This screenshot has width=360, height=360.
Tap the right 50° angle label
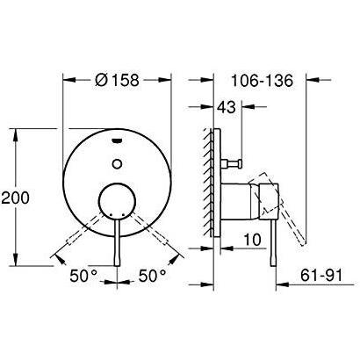coord(152,276)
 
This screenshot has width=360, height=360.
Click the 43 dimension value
coord(226,107)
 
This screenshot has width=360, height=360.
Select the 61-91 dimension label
coord(318,276)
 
